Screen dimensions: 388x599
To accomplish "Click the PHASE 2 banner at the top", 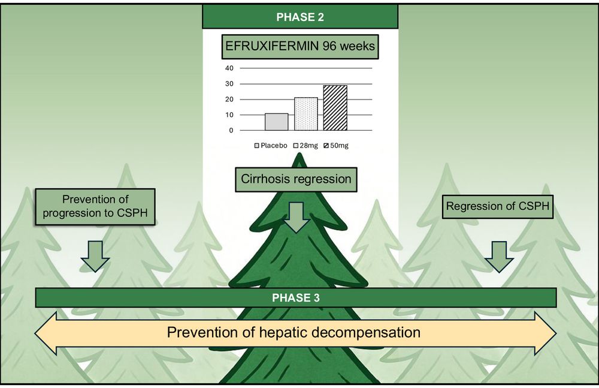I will [x=299, y=17].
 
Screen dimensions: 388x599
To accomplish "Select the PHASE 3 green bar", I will [x=296, y=297].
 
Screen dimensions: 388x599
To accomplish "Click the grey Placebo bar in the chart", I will [x=276, y=122].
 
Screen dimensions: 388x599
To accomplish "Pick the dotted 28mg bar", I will [x=305, y=114].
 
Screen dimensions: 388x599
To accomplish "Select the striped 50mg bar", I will [x=335, y=108].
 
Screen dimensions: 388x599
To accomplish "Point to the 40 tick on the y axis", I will [x=229, y=68].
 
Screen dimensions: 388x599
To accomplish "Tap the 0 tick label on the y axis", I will [x=231, y=130].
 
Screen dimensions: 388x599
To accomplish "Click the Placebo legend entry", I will [x=274, y=146].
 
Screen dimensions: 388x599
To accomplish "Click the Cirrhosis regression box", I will [x=295, y=179].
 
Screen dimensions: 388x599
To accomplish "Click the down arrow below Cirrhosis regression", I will [x=295, y=218].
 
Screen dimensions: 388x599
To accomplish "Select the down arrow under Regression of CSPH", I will [x=499, y=257].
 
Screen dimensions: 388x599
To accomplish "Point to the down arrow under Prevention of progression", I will [x=95, y=257].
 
